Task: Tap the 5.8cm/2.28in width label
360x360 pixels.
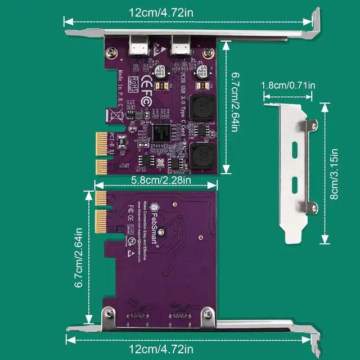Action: pos(157,181)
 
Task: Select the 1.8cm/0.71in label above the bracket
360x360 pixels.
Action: pos(288,85)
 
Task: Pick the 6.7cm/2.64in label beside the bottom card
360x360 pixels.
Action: pos(80,258)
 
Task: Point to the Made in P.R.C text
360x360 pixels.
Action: pos(121,90)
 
